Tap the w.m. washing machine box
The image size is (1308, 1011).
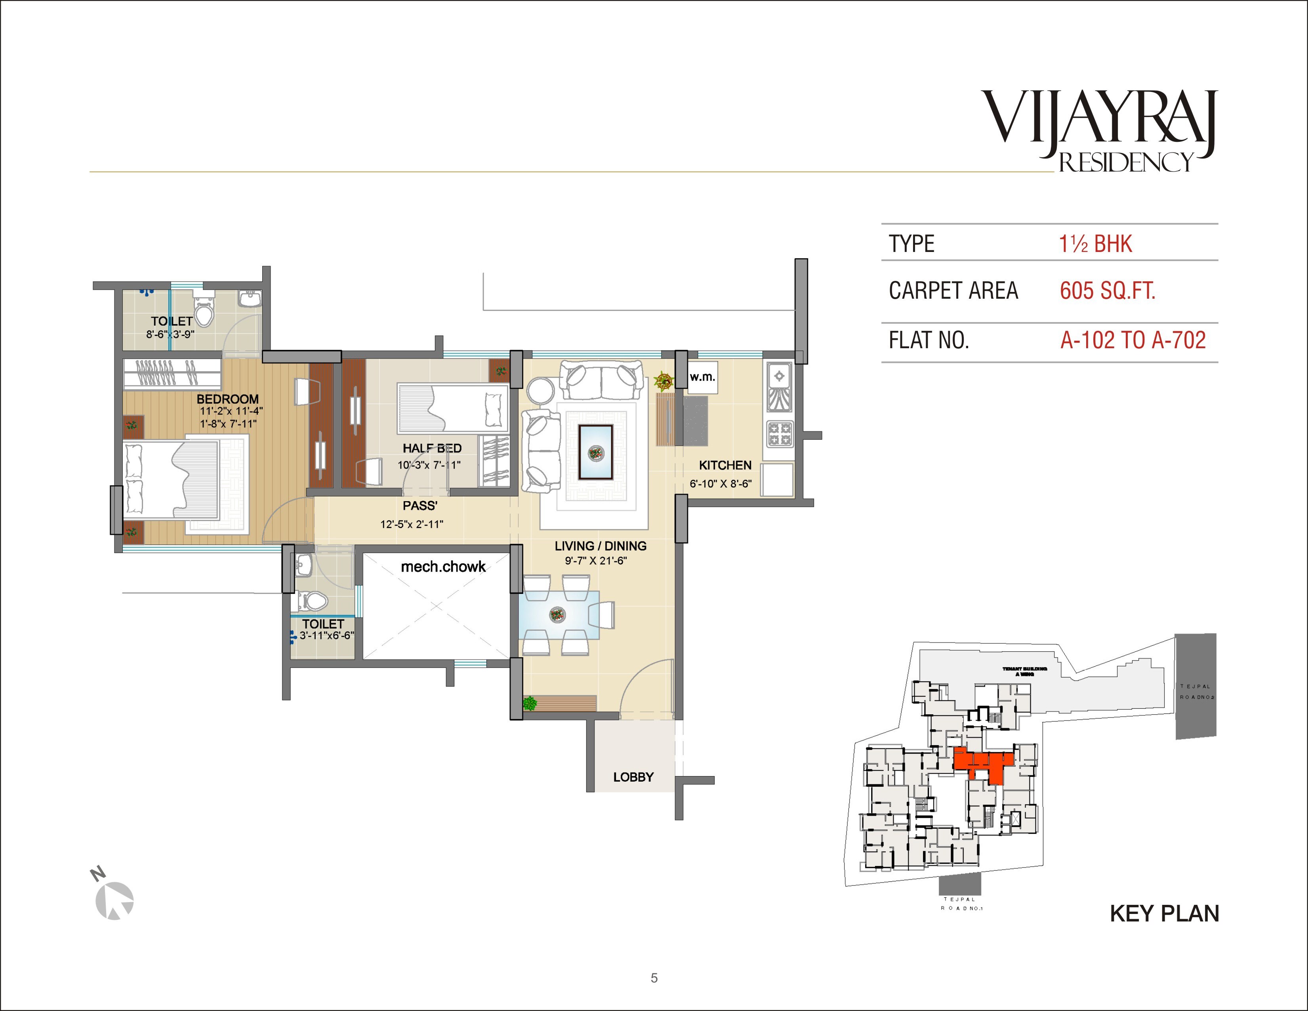(702, 377)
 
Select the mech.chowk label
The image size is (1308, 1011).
(443, 567)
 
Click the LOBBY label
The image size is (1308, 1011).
(633, 777)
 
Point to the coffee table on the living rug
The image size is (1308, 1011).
(595, 452)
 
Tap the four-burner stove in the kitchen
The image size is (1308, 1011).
(779, 434)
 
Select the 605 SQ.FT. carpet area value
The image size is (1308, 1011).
(1108, 291)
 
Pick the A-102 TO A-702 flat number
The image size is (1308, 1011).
(1133, 340)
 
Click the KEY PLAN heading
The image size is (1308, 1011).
(1164, 914)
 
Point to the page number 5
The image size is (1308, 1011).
(654, 978)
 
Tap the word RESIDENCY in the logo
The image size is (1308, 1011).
(1126, 163)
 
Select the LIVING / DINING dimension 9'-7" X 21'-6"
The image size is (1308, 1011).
(595, 561)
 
